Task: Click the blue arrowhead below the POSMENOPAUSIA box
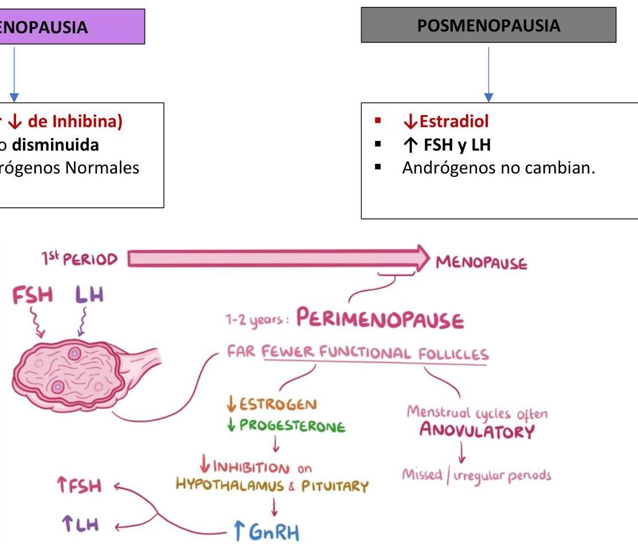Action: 488,97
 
